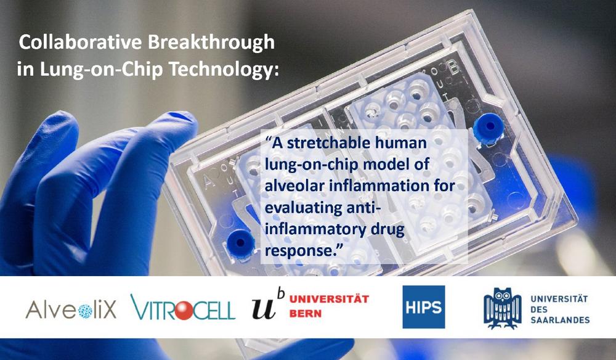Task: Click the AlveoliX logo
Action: tap(71, 309)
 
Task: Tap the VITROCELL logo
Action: tap(183, 307)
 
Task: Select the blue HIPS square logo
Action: tap(424, 307)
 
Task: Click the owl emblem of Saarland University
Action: tap(503, 308)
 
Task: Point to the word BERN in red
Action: tap(306, 313)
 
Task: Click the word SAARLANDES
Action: tap(560, 320)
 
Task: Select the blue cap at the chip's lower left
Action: tap(240, 244)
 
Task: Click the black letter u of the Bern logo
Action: tap(264, 308)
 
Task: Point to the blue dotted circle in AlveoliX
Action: tap(85, 311)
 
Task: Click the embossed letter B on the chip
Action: tap(454, 69)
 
